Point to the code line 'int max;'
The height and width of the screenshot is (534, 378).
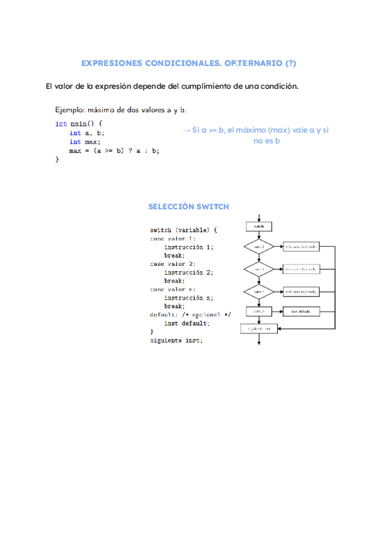pyautogui.click(x=84, y=142)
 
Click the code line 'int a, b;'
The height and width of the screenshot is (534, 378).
pyautogui.click(x=87, y=133)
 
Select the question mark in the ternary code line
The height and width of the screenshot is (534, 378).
pyautogui.click(x=129, y=151)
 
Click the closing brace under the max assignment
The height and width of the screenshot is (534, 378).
pyautogui.click(x=57, y=160)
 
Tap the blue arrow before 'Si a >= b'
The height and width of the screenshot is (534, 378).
pyautogui.click(x=186, y=130)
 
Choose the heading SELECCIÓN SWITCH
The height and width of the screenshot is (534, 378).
pyautogui.click(x=188, y=207)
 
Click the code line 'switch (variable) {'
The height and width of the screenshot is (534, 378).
pyautogui.click(x=183, y=230)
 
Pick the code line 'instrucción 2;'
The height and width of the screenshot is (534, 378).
pyautogui.click(x=188, y=272)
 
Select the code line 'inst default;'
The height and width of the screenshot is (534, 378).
pyautogui.click(x=186, y=323)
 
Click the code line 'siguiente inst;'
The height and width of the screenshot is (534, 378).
pyautogui.click(x=176, y=340)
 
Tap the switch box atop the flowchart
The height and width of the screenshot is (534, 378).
pyautogui.click(x=259, y=226)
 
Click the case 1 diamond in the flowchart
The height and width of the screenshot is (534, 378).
pyautogui.click(x=259, y=247)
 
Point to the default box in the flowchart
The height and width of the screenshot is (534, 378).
pyautogui.click(x=259, y=311)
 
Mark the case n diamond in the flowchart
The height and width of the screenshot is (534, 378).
pyautogui.click(x=259, y=292)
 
